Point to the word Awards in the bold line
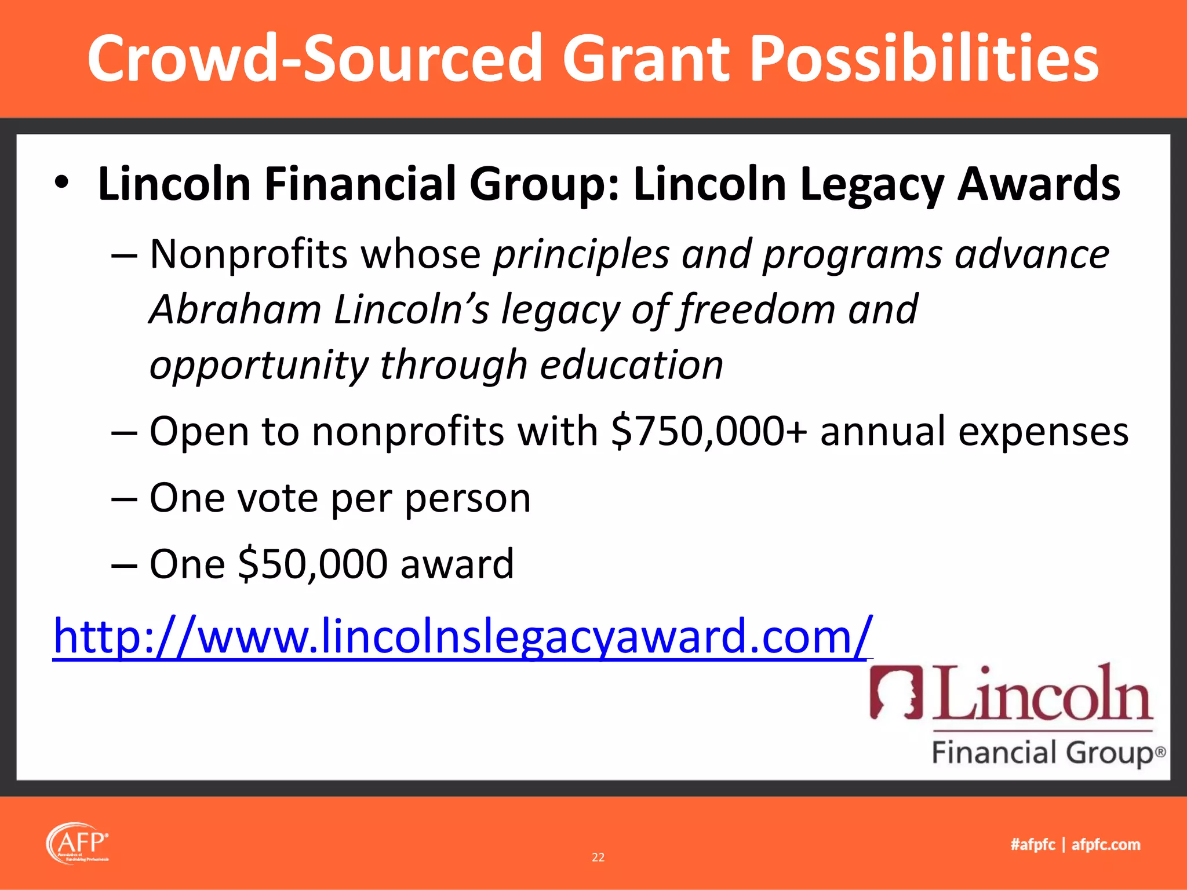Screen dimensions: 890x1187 click(x=1039, y=184)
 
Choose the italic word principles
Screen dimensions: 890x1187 click(x=581, y=254)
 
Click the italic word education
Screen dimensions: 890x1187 click(x=632, y=365)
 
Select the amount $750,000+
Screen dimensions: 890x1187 click(x=709, y=432)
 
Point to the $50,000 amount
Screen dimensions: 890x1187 click(x=312, y=564)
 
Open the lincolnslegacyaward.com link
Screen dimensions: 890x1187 click(x=462, y=637)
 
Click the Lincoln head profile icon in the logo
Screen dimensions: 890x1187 click(x=896, y=693)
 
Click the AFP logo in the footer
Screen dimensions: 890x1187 click(x=78, y=843)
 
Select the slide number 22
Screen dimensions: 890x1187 click(x=598, y=857)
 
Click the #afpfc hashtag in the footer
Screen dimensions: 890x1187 click(x=1033, y=844)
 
